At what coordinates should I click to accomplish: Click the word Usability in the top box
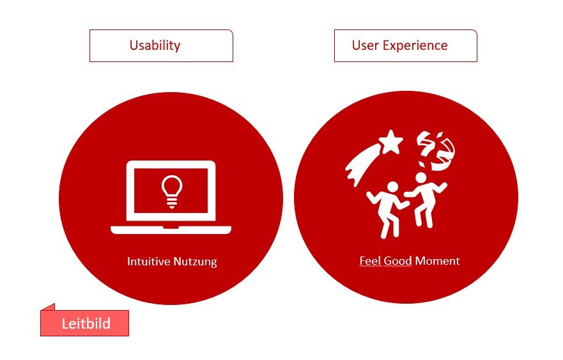click(155, 46)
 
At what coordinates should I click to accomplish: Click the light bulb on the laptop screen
click(172, 191)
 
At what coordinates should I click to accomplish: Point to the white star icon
click(390, 142)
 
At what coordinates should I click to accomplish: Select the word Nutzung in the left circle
click(195, 262)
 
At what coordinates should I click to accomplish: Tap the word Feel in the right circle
click(370, 260)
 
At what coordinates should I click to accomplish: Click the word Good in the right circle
click(397, 260)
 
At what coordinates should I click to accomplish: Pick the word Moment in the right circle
click(437, 260)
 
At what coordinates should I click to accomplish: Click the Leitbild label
click(85, 323)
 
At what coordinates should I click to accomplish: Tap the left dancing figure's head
click(392, 187)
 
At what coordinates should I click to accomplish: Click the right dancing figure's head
click(421, 178)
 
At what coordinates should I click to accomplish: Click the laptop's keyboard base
click(171, 230)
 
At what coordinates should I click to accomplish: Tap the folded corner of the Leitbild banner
click(49, 307)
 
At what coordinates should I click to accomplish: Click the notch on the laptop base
click(171, 227)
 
